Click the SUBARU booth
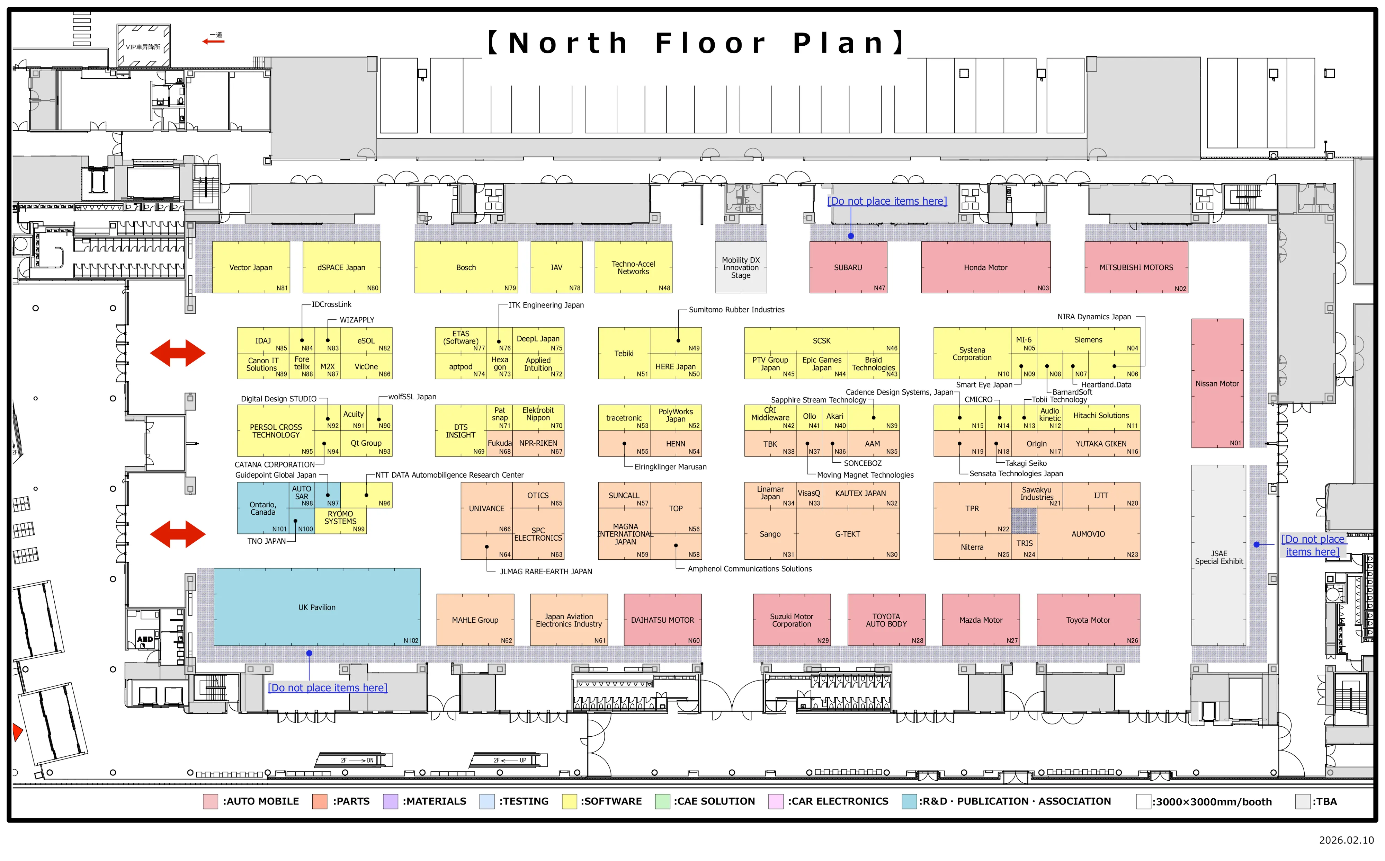point(848,267)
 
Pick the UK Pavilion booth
point(316,607)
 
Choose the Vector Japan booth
point(250,267)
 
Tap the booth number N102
point(410,641)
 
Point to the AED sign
point(145,639)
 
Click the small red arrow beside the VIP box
point(214,41)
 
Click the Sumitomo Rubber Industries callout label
point(736,310)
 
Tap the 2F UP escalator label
point(509,760)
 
